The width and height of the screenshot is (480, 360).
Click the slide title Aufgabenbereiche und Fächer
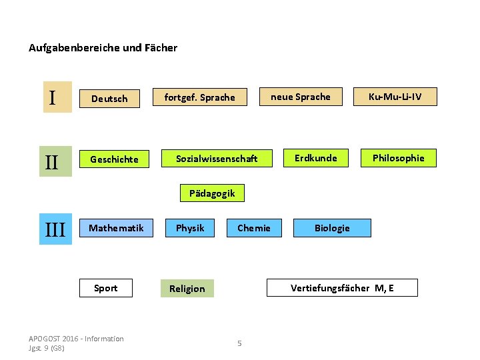pos(103,48)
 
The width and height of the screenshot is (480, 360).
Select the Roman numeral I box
pos(57,97)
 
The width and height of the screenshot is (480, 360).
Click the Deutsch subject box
pos(109,99)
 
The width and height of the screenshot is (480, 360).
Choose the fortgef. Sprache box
pos(200,97)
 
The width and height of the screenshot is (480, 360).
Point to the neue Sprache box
pos(300,97)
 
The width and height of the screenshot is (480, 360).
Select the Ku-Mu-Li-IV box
pos(395,97)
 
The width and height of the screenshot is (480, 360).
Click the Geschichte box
pos(115,159)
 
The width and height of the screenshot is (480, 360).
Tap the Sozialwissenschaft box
pos(217,159)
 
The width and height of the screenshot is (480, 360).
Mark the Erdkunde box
pos(316,158)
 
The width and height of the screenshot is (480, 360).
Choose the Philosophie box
pos(398,158)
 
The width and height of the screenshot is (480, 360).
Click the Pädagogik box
pos(212,193)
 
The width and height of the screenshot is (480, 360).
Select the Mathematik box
pos(116,228)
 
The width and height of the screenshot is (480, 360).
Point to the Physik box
pos(190,228)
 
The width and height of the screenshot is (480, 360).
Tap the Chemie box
pos(254,228)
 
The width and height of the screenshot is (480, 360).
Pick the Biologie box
pos(332,228)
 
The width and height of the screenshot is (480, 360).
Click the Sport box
pos(105,288)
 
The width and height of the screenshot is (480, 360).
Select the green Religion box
pos(187,289)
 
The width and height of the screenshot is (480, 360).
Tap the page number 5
pos(239,343)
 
